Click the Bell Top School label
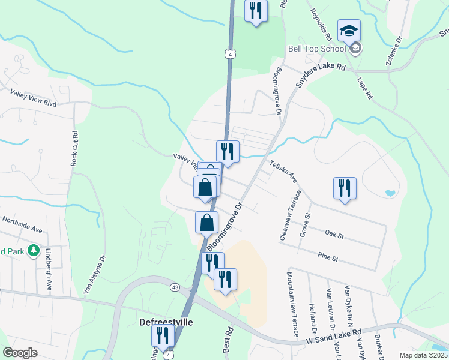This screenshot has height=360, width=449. pyautogui.click(x=317, y=49)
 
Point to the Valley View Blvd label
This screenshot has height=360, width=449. pyautogui.click(x=33, y=98)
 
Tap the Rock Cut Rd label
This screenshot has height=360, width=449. pyautogui.click(x=74, y=148)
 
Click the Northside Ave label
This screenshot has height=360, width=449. pyautogui.click(x=22, y=224)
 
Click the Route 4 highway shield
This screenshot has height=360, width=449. pyautogui.click(x=231, y=54)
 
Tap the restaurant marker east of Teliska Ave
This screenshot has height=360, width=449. pyautogui.click(x=345, y=188)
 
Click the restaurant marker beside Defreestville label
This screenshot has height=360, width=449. pyautogui.click(x=162, y=336)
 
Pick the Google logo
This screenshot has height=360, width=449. pyautogui.click(x=20, y=353)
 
